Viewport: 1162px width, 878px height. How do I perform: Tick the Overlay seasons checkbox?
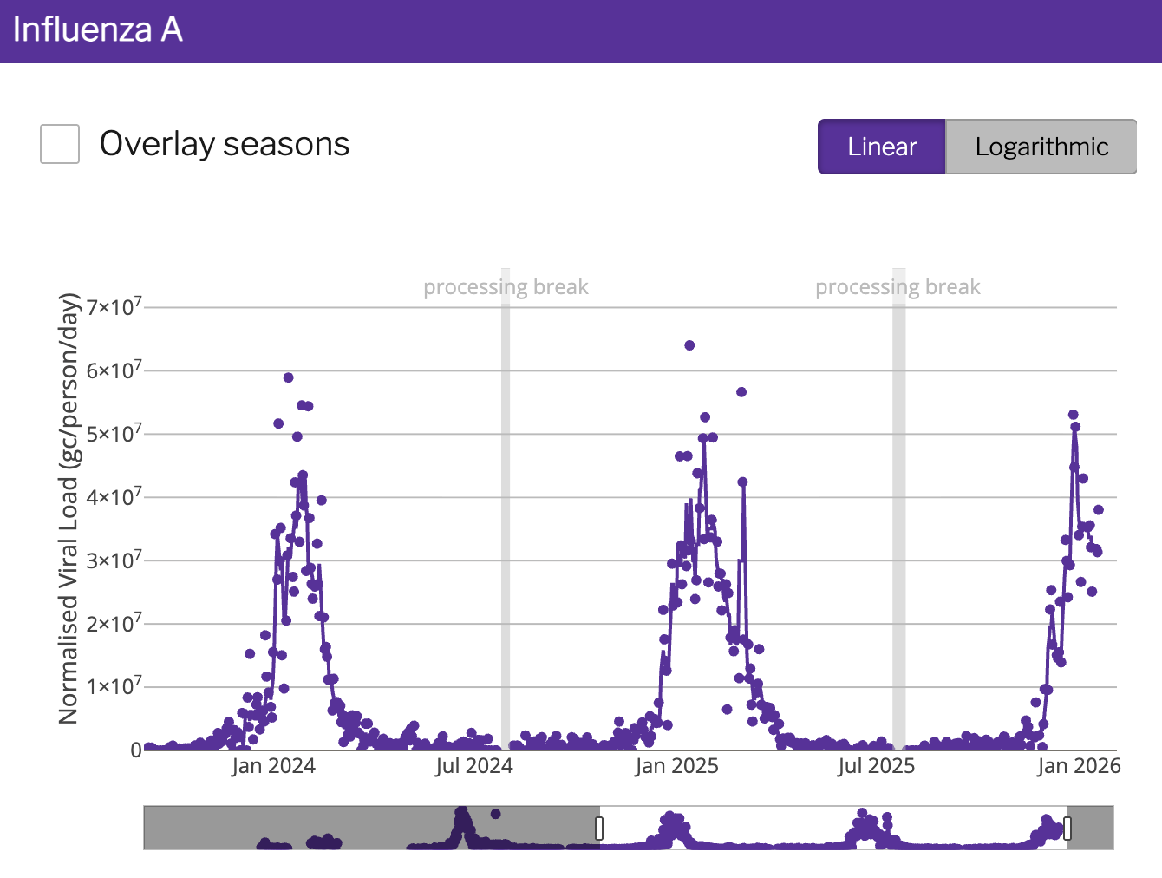(x=60, y=144)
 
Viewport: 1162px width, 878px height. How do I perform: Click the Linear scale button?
(x=881, y=147)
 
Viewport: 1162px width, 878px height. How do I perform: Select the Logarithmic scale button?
(x=1041, y=147)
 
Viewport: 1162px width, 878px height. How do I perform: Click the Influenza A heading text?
(x=97, y=29)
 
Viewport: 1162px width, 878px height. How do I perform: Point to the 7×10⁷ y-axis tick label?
(x=114, y=307)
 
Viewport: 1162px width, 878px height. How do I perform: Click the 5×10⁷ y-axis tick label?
(x=114, y=434)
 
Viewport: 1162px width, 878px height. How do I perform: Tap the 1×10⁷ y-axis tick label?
(x=114, y=687)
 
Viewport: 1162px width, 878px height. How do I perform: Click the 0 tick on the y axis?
(x=136, y=750)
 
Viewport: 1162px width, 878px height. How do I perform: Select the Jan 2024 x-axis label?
(x=273, y=766)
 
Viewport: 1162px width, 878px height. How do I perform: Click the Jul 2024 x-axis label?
(x=473, y=766)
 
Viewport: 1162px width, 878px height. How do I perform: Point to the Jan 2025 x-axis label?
(x=676, y=766)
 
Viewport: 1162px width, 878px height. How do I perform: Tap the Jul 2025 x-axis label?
(x=876, y=766)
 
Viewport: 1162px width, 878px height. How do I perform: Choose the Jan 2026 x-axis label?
(x=1079, y=766)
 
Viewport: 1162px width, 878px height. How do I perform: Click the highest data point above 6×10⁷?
(x=689, y=345)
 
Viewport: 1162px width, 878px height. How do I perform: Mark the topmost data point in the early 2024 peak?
(x=288, y=377)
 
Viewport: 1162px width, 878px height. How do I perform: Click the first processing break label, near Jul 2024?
(x=506, y=287)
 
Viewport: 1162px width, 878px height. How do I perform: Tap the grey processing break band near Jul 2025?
(x=899, y=521)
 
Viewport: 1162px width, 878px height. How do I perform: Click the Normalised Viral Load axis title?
(x=69, y=508)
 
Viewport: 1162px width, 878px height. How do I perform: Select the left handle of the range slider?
(x=599, y=828)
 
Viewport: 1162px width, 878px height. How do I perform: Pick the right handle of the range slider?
(x=1067, y=828)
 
